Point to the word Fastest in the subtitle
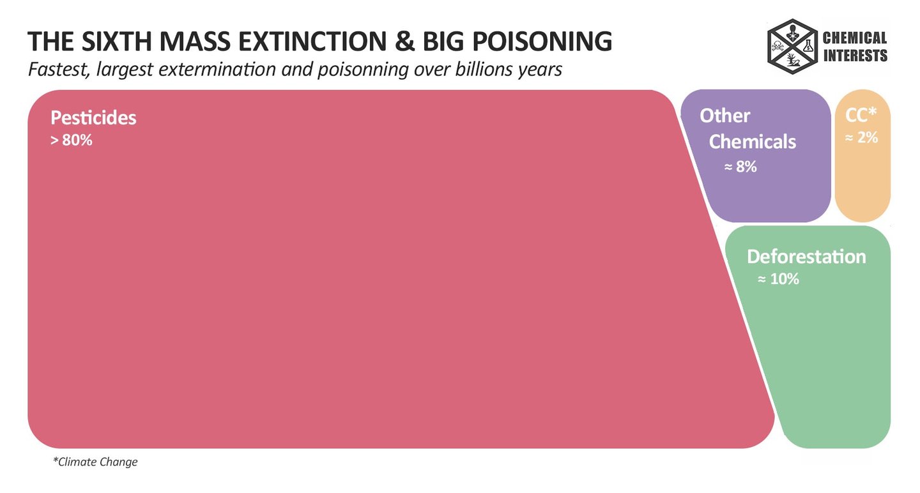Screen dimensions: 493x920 click(58, 69)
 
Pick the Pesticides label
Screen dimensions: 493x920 click(93, 118)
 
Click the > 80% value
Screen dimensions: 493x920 click(72, 140)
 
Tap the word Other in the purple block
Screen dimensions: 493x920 click(724, 116)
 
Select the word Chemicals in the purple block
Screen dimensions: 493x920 click(753, 141)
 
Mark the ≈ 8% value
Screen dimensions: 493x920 click(740, 167)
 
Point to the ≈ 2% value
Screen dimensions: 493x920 click(861, 137)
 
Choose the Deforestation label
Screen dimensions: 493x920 click(806, 257)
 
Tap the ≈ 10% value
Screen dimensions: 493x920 click(778, 279)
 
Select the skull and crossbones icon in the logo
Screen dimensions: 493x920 click(778, 46)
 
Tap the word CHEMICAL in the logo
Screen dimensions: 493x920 click(855, 39)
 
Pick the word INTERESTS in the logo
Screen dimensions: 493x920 click(855, 56)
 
